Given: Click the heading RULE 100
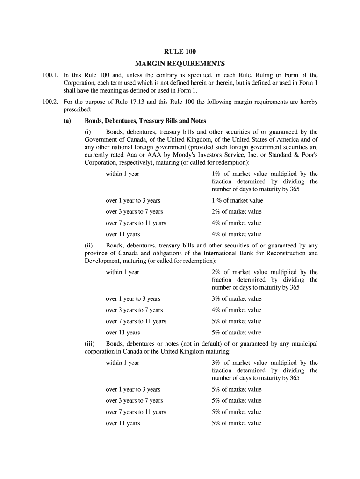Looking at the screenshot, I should tap(180, 52).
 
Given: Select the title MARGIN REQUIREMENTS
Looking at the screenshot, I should tap(180, 64).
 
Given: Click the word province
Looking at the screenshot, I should tap(96, 253).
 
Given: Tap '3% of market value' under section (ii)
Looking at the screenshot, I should tap(236, 299).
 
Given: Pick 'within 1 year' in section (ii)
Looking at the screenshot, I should tap(122, 272).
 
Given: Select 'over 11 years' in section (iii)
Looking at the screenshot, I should tap(122, 423).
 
